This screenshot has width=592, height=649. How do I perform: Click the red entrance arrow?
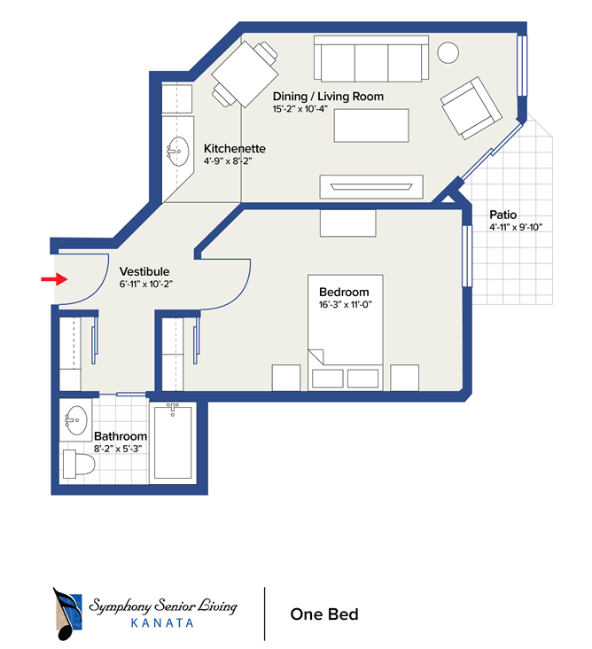52,279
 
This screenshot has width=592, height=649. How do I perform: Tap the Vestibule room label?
144,271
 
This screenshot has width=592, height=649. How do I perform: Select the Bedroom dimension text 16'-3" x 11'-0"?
344,304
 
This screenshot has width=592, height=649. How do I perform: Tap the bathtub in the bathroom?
174,446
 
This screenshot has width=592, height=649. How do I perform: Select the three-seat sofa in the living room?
370,60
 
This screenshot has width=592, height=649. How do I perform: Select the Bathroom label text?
121,436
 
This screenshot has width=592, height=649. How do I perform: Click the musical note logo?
67,613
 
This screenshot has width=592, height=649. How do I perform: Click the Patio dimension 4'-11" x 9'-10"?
515,227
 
